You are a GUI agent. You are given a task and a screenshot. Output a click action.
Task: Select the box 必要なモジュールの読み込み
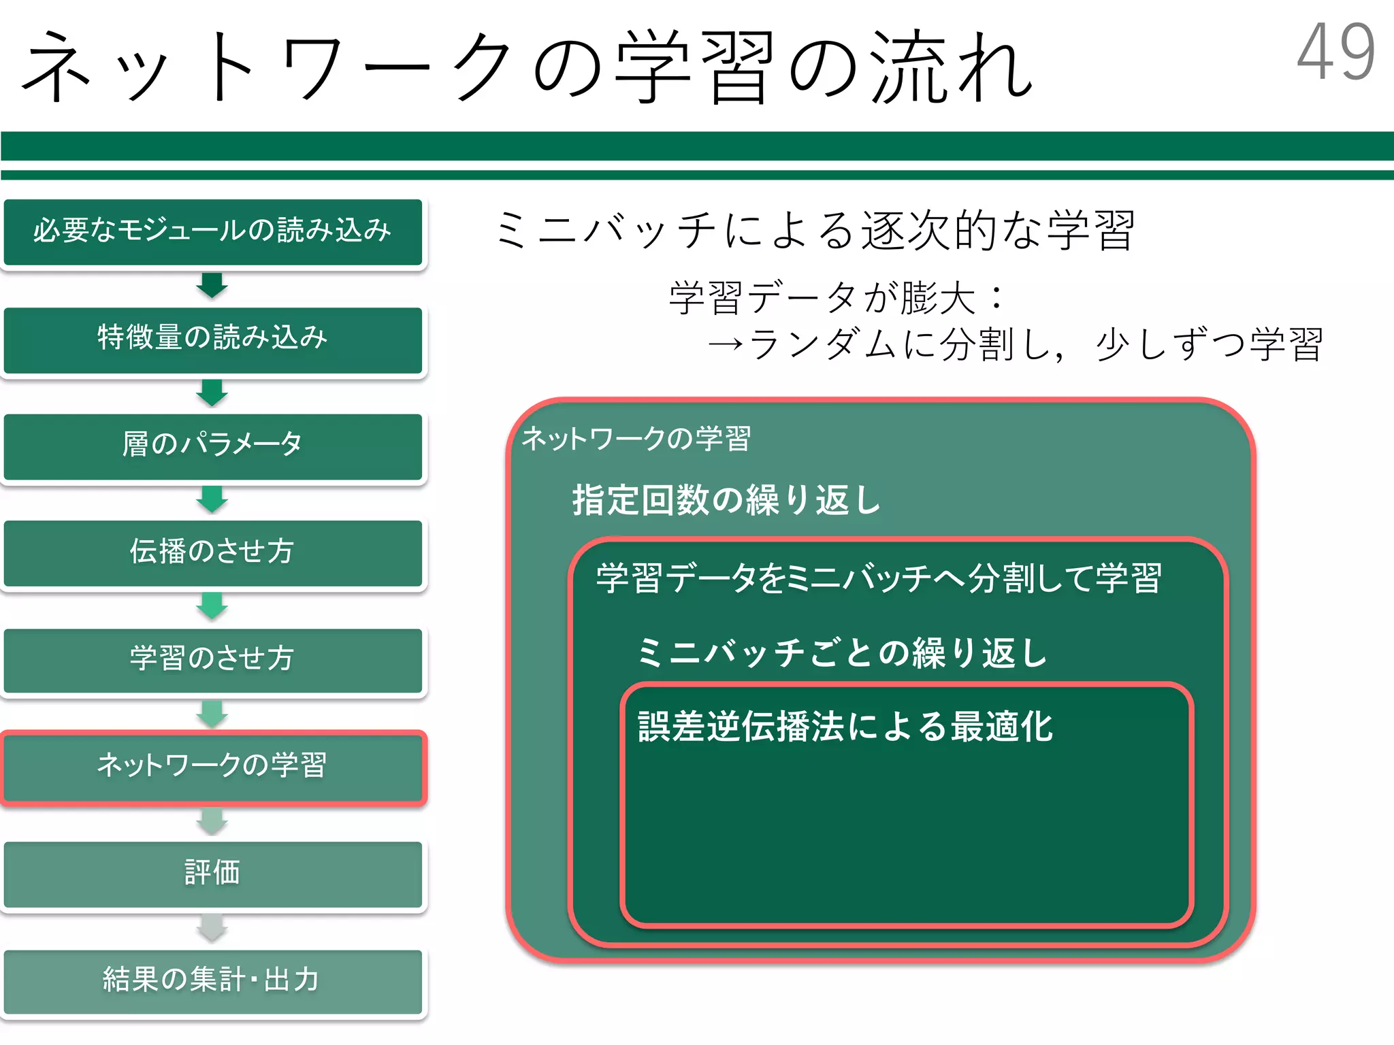point(212,231)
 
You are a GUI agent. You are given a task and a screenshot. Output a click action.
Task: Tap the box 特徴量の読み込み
point(212,339)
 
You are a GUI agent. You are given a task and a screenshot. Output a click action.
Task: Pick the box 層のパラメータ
point(212,446)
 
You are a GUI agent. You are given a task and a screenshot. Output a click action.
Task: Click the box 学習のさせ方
point(212,659)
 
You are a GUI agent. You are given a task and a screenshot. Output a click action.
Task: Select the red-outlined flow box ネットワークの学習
point(212,767)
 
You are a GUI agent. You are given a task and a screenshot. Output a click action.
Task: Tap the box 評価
point(212,874)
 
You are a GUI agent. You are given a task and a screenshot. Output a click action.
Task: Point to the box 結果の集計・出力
point(212,980)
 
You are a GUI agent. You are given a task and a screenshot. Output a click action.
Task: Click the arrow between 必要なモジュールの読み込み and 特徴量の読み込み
point(212,285)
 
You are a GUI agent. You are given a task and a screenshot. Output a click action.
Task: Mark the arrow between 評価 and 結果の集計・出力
point(212,927)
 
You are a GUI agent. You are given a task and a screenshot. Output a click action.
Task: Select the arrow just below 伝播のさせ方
point(212,606)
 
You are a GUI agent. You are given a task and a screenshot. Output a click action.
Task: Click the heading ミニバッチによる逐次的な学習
point(815,230)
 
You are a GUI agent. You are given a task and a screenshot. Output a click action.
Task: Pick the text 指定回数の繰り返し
point(726,500)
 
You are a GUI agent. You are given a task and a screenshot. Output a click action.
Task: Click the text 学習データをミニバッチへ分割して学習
point(879,579)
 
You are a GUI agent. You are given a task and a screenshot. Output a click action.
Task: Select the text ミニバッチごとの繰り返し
point(842,653)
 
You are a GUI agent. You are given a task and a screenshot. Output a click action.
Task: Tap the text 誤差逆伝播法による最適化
point(845,727)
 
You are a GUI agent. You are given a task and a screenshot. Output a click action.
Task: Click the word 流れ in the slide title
point(953,68)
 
